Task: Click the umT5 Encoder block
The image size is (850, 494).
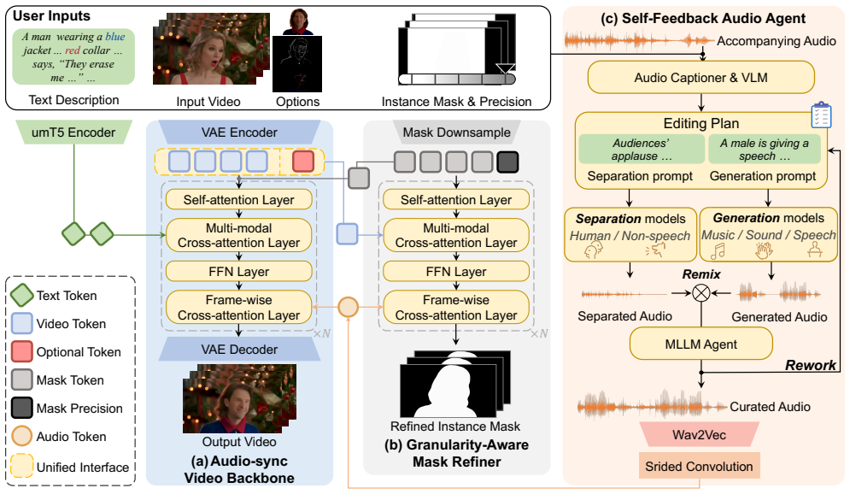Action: point(73,132)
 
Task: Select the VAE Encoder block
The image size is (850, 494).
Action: point(239,132)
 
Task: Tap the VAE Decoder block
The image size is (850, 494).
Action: point(239,350)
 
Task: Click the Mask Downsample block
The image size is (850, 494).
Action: point(456,132)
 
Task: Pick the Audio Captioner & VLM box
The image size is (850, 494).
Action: point(701,78)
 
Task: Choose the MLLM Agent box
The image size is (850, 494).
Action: point(701,344)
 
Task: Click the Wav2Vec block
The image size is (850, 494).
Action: point(700,435)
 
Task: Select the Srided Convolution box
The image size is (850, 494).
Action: point(700,467)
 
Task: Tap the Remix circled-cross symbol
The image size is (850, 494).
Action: point(701,293)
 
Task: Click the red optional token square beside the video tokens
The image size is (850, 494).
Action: point(303,162)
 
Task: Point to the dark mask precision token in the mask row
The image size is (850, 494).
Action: point(507,162)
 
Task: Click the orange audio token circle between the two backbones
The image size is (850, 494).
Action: point(348,307)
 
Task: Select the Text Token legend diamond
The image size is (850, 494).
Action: point(22,296)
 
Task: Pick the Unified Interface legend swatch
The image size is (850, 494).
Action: point(22,466)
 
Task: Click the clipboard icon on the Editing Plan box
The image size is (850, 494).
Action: point(821,115)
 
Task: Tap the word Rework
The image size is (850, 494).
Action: point(811,365)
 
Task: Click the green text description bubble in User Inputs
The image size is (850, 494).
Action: point(73,57)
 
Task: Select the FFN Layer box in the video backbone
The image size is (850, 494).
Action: point(239,271)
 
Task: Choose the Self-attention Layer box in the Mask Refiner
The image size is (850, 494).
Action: point(456,199)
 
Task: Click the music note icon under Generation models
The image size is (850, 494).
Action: point(718,251)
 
